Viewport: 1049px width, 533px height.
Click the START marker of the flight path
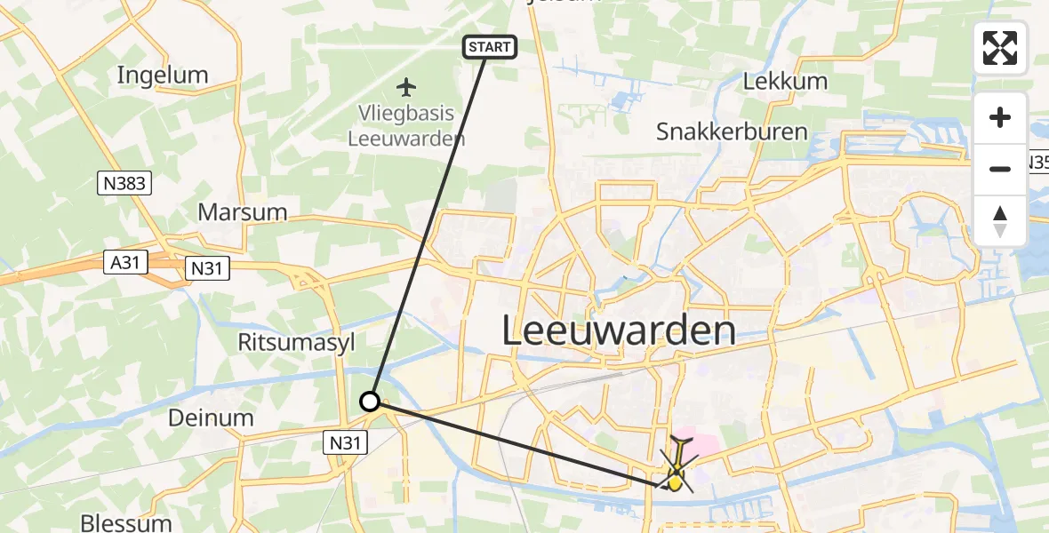click(x=489, y=46)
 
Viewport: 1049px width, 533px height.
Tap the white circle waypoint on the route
click(x=370, y=402)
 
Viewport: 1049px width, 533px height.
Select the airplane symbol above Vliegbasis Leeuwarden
click(x=406, y=87)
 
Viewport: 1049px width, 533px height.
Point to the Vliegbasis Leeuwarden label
click(x=405, y=126)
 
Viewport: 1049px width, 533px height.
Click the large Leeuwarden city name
click(x=619, y=331)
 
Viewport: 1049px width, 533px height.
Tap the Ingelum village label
click(x=163, y=75)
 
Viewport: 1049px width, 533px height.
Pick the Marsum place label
click(x=243, y=211)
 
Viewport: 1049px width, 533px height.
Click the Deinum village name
click(x=211, y=418)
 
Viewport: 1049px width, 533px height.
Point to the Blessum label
click(x=125, y=521)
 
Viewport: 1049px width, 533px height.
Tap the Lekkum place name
click(x=785, y=81)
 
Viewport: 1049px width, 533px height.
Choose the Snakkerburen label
click(x=732, y=132)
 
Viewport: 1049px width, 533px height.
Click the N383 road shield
click(x=124, y=184)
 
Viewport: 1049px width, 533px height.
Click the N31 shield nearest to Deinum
click(x=343, y=442)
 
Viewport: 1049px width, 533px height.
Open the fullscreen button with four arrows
click(x=1000, y=47)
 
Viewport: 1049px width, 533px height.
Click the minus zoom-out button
click(x=1000, y=169)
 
